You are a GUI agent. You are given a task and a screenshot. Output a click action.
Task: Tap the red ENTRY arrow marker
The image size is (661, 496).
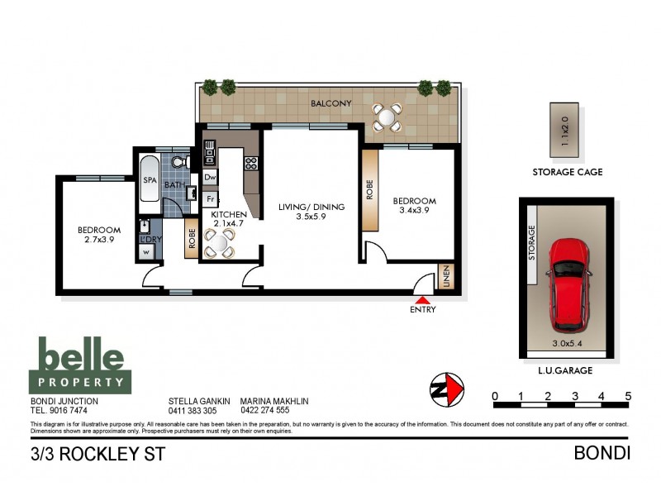[x=422, y=301]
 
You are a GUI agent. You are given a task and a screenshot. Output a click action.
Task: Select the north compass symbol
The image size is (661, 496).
[x=447, y=388]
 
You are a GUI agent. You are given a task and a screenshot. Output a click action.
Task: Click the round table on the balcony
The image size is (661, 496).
[x=386, y=117]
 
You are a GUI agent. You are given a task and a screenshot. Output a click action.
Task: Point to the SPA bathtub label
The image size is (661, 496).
[x=150, y=180]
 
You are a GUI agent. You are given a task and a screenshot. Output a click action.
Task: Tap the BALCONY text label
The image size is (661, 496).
[x=331, y=103]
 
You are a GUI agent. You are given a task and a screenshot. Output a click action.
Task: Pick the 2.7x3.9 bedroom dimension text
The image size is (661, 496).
[x=99, y=241]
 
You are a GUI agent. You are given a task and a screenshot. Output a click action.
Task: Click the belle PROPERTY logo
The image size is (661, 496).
[x=81, y=365]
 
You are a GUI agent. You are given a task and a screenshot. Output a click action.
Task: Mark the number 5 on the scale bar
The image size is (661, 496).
[x=629, y=397]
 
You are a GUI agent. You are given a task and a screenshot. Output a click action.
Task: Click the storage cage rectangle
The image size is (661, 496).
[x=566, y=131]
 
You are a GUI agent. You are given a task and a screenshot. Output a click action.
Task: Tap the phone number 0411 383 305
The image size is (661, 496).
[x=193, y=411]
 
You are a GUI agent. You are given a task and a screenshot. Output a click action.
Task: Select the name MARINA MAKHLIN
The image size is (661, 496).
[x=273, y=401]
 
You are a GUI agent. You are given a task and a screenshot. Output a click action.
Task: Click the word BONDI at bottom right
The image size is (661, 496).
[x=602, y=454]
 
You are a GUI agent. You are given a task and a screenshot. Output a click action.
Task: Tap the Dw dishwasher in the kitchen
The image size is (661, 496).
[x=210, y=177]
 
